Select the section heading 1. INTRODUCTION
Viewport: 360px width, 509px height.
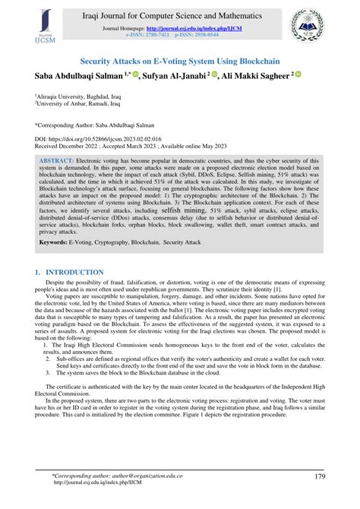[x=69, y=272]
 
